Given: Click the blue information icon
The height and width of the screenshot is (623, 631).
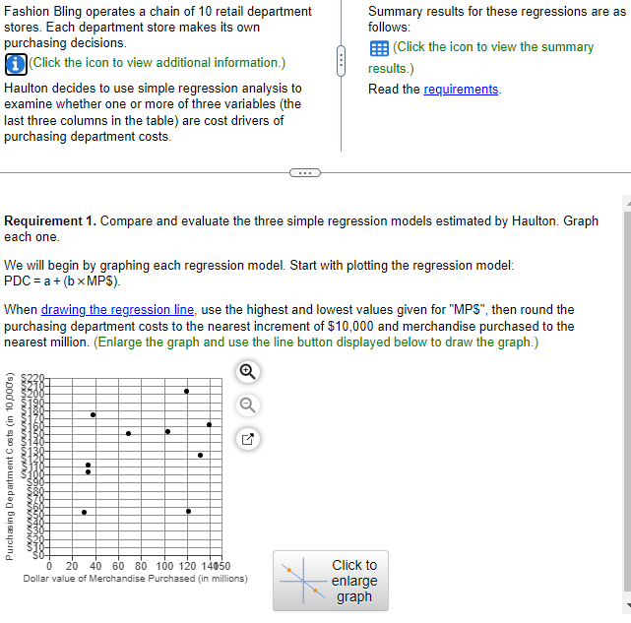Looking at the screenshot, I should tap(15, 64).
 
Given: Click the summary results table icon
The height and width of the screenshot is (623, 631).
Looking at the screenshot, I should tap(378, 48).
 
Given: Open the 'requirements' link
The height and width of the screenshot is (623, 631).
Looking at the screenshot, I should tap(461, 90).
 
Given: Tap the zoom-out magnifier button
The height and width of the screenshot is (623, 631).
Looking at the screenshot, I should tap(248, 404).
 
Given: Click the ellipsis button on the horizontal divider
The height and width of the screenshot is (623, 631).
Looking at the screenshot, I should tap(305, 173).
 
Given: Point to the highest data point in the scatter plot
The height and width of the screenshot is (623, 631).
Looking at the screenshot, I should tap(187, 392).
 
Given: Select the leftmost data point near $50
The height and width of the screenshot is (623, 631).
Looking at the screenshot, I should tap(84, 512).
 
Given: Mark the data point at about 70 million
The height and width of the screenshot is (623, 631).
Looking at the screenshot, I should tap(128, 433).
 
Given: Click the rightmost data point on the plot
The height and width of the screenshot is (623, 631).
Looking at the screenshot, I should tap(209, 424).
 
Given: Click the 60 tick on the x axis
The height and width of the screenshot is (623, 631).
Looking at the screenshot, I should tap(118, 566).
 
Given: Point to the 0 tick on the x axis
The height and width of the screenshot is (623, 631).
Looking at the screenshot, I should tap(50, 566).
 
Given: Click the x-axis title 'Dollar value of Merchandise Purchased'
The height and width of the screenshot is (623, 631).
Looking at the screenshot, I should tap(135, 579).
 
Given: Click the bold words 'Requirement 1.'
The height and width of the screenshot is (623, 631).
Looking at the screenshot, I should tap(50, 220).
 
